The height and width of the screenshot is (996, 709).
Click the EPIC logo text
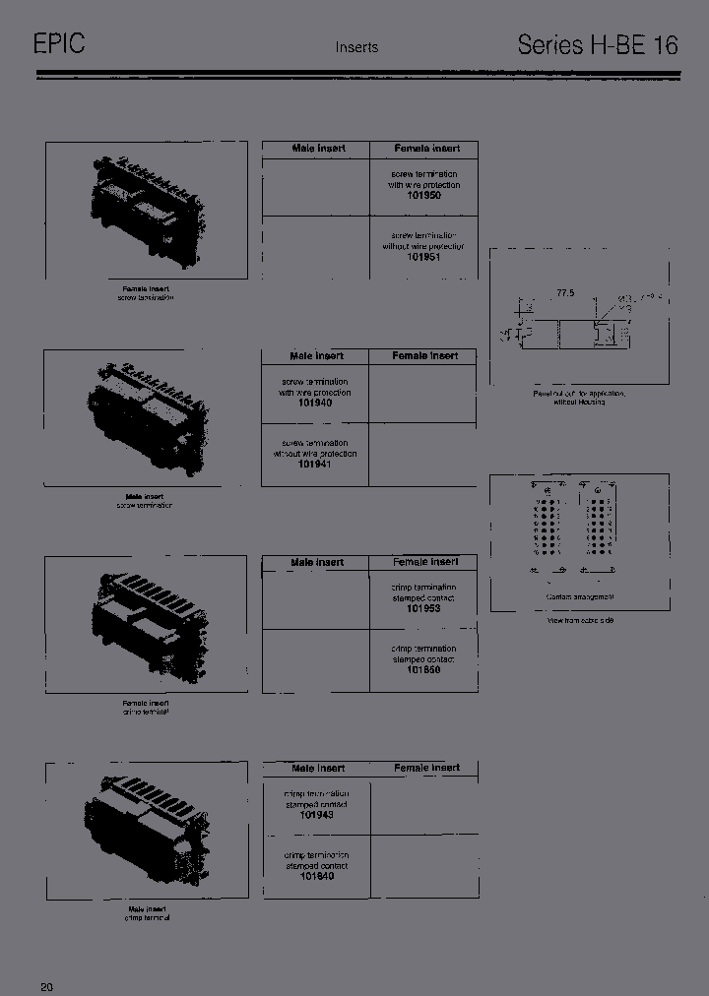click(59, 44)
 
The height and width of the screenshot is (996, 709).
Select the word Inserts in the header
click(356, 47)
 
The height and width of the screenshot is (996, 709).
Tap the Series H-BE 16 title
click(598, 45)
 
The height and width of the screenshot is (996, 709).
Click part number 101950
click(423, 196)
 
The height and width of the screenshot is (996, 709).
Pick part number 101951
click(423, 256)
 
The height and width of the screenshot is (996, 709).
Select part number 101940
click(315, 403)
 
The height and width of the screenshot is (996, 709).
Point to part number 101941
click(315, 464)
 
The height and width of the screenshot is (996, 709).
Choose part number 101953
click(423, 608)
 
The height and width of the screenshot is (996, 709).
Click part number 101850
click(423, 669)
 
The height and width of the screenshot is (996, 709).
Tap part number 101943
click(315, 815)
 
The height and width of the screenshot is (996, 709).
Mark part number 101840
click(315, 875)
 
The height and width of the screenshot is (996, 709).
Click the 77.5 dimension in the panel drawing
click(564, 293)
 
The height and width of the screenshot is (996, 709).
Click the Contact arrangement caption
click(580, 597)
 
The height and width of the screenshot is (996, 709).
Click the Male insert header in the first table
click(318, 149)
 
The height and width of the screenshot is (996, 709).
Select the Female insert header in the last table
click(426, 768)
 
